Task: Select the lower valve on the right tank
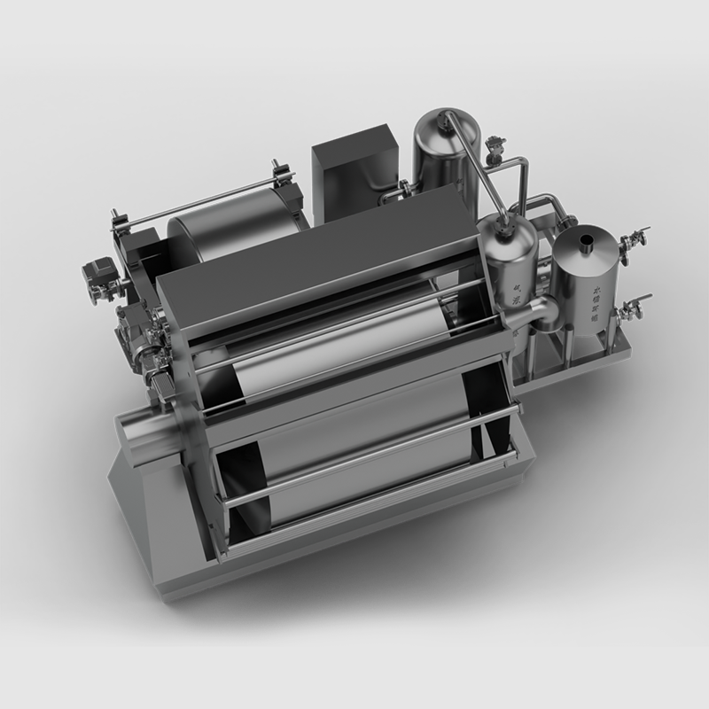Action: pyautogui.click(x=632, y=306)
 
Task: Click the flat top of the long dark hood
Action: pyautogui.click(x=319, y=253)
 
